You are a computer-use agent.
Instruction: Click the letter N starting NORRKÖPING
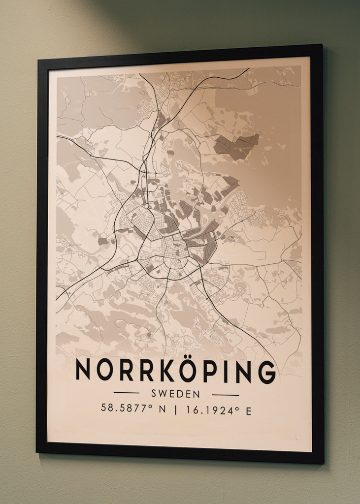pyautogui.click(x=84, y=371)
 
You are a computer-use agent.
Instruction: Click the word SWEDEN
pyautogui.click(x=176, y=394)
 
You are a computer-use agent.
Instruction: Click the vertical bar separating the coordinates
pyautogui.click(x=175, y=410)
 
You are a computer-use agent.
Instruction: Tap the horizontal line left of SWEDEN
pyautogui.click(x=127, y=393)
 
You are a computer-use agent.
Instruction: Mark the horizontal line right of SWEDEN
pyautogui.click(x=225, y=395)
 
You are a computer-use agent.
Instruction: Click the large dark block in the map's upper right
pyautogui.click(x=237, y=146)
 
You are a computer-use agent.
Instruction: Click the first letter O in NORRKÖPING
pyautogui.click(x=104, y=371)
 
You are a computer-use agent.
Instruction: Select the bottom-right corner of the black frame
pyautogui.click(x=323, y=463)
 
